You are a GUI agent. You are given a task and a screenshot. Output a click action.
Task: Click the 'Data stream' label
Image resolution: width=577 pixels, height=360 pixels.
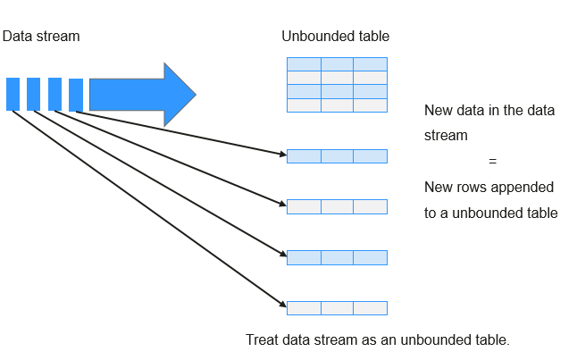coord(41,37)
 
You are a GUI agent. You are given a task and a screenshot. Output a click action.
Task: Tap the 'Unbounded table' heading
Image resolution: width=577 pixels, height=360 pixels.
coord(335,37)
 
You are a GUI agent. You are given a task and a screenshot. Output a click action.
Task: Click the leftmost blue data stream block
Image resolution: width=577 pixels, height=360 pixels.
coord(13,94)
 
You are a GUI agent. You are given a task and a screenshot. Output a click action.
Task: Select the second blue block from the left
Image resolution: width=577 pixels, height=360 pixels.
coord(33,94)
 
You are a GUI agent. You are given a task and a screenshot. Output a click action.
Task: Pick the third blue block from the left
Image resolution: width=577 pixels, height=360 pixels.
coord(54,94)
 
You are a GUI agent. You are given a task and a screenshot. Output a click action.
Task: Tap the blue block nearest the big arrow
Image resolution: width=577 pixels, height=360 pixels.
coord(76,95)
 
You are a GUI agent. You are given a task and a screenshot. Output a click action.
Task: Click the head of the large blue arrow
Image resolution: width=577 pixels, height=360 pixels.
coord(180,95)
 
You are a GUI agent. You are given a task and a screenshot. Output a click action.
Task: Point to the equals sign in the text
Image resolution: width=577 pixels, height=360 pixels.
coord(492,161)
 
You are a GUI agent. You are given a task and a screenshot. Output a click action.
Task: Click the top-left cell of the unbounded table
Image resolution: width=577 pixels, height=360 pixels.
coord(304,64)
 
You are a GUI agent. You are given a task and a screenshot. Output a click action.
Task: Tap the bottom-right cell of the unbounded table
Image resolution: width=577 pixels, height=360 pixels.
coord(370,105)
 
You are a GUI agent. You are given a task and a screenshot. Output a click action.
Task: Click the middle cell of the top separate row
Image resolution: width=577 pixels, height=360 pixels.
coord(337,156)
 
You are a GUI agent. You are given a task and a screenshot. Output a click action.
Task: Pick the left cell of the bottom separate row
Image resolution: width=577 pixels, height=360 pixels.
coord(304,308)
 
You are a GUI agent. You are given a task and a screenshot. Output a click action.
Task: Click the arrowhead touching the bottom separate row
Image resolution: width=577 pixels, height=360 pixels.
coord(282,304)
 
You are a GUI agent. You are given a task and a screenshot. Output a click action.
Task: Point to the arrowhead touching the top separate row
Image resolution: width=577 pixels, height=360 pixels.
coord(282,154)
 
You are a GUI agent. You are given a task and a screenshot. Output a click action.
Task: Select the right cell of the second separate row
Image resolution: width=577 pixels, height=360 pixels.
coord(370,207)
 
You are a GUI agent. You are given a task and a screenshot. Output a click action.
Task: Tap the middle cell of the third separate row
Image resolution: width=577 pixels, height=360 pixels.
coord(337,257)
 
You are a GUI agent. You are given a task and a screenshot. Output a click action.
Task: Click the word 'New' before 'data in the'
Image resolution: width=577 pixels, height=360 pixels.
coord(438,111)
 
